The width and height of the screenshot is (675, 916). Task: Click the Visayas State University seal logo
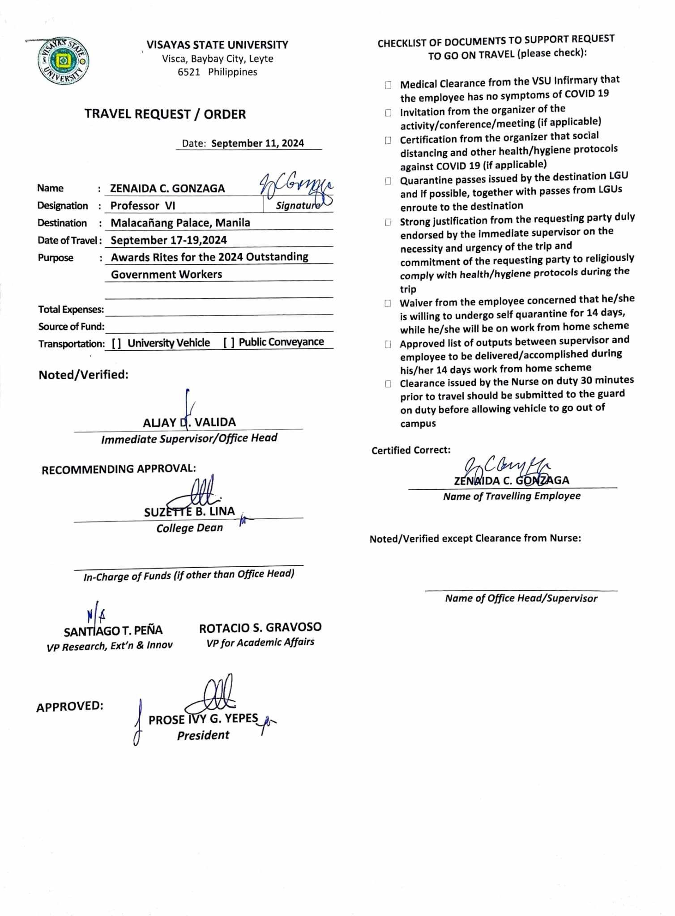tap(63, 61)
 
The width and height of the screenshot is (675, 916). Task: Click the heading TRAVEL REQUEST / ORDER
tap(165, 114)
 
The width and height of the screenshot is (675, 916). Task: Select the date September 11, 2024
tap(257, 143)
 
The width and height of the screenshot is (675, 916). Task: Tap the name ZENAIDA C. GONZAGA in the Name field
tap(167, 188)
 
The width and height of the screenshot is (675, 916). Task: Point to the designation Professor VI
tap(143, 206)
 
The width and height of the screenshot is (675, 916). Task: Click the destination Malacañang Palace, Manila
tap(180, 223)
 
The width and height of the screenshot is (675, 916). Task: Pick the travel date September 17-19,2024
tap(169, 240)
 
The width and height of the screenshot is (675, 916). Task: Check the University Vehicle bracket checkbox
tap(116, 343)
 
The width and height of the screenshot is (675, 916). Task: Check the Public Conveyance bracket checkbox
tap(229, 343)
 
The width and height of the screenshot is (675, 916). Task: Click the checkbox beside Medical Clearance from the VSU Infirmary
tap(388, 85)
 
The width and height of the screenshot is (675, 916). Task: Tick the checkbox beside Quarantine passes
tap(388, 181)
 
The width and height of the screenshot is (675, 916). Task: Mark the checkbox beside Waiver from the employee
tap(388, 303)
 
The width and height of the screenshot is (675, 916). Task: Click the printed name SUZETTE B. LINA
tap(189, 512)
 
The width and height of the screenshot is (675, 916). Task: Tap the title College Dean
tap(189, 528)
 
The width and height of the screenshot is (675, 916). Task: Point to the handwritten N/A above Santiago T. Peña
tap(96, 616)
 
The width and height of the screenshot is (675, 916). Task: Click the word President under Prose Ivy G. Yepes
tap(203, 735)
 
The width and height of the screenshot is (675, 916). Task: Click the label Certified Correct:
tap(411, 450)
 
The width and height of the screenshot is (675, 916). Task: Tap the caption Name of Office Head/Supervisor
tap(521, 598)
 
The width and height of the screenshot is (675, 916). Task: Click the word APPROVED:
tap(70, 707)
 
